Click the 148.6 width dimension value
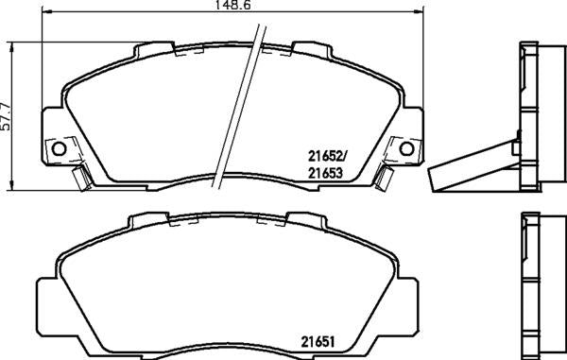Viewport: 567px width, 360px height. point(232,5)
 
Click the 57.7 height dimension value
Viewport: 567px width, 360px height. point(6,115)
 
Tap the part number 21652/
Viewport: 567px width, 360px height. point(327,157)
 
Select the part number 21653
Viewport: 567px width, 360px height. point(325,174)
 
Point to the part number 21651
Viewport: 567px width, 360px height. point(318,342)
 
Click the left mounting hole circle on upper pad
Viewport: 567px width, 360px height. point(59,148)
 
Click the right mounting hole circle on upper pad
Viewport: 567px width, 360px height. point(406,148)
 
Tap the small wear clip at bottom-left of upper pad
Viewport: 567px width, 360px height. point(81,178)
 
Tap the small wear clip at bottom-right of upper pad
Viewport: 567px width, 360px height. point(384,178)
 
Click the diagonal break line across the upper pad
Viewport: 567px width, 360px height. point(239,107)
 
